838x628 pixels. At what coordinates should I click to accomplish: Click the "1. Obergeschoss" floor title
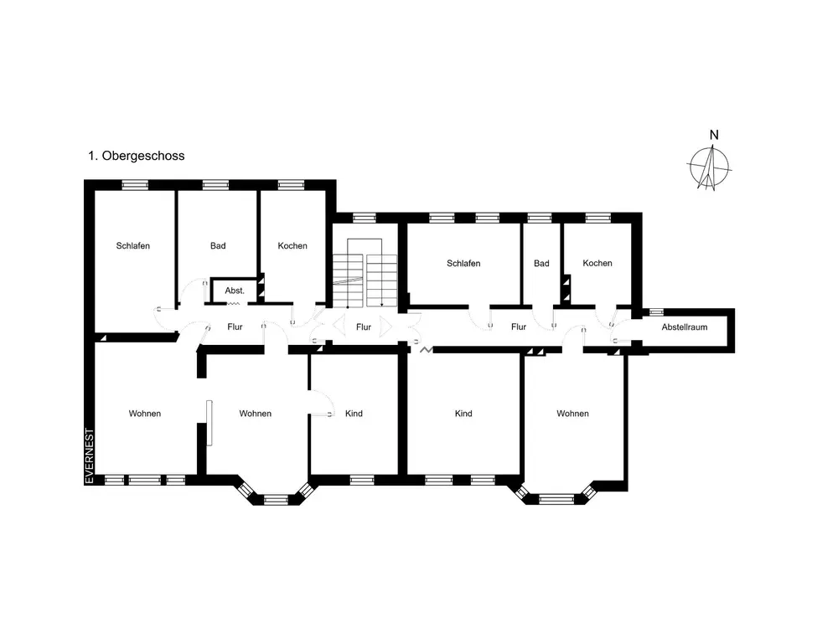[137, 156]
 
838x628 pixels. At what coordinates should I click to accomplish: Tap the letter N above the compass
[714, 135]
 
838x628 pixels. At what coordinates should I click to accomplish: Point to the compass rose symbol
[709, 167]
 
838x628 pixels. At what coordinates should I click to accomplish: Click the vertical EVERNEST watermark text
[90, 456]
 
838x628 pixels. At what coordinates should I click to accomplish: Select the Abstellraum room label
[684, 327]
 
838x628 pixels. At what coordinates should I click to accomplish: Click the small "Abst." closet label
[235, 291]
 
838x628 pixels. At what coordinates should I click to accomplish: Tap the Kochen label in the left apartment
[292, 245]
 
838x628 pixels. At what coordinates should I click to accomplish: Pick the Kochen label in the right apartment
[597, 263]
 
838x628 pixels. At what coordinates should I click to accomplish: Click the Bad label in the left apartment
[218, 245]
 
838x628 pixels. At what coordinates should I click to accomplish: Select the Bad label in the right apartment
[541, 263]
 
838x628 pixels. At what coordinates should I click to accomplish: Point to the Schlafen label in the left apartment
[132, 245]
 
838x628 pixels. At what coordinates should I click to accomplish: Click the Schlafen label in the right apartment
[463, 263]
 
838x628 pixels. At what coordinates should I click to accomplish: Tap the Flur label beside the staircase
[364, 327]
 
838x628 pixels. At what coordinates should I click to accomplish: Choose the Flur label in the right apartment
[519, 327]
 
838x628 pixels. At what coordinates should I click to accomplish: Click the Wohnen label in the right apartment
[572, 414]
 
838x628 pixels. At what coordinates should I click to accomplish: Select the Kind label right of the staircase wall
[463, 414]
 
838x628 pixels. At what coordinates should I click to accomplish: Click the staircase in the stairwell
[365, 274]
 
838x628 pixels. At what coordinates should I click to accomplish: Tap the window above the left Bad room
[215, 185]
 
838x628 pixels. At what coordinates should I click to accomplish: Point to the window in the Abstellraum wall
[656, 311]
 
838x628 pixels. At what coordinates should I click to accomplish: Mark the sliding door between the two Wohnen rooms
[209, 422]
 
